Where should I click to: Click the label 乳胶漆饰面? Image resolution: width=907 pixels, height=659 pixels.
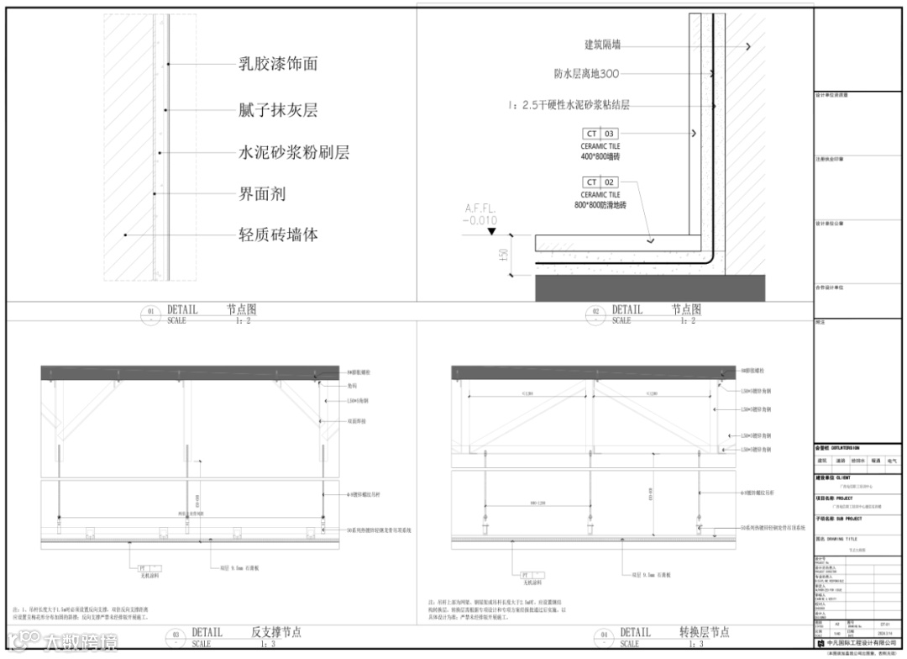coord(278,64)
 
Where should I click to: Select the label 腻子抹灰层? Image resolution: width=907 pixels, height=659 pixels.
coord(278,110)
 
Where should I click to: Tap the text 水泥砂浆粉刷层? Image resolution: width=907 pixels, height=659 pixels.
coord(294,152)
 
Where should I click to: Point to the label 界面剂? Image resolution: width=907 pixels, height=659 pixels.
coord(262,193)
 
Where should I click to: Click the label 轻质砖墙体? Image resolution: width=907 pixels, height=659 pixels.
coord(278,235)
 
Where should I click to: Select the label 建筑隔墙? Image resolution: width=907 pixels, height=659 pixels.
coord(603,45)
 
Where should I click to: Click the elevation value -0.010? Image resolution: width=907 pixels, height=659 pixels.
coord(480,220)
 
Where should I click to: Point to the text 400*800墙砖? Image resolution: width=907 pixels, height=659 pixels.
coord(600,157)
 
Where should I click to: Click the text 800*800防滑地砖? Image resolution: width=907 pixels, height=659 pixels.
coord(600,205)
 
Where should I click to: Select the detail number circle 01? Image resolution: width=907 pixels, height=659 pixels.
coord(152,314)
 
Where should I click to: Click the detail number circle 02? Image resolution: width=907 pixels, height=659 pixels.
coord(596,314)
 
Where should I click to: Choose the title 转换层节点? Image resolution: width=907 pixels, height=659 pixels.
coord(704,632)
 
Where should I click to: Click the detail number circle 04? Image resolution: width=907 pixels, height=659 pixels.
coord(605,637)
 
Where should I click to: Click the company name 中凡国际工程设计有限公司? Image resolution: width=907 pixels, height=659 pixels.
coord(861,643)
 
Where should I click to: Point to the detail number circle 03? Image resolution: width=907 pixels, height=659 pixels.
coord(176,637)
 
